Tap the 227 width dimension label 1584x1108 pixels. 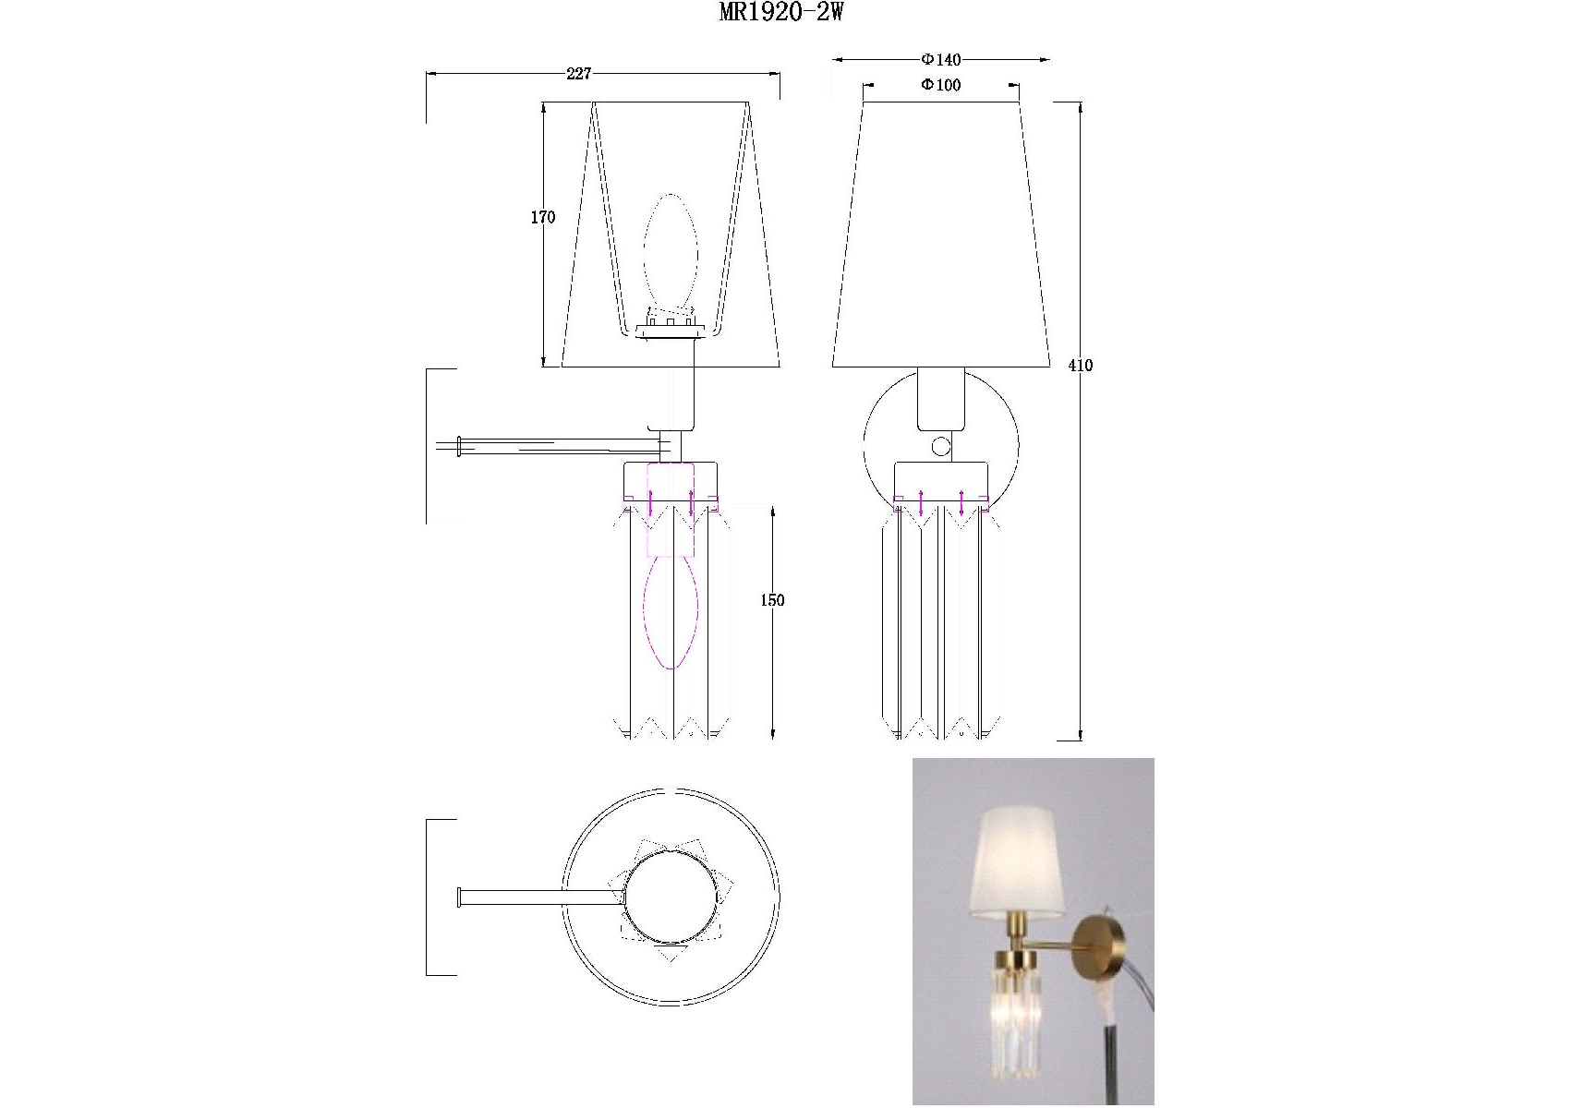(579, 74)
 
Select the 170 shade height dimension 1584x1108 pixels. (543, 218)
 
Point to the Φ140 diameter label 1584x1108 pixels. (941, 60)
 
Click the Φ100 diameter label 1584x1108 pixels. (941, 85)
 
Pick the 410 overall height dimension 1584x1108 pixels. (1081, 366)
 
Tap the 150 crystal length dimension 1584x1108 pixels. (772, 600)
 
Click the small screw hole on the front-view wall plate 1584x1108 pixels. (941, 448)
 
